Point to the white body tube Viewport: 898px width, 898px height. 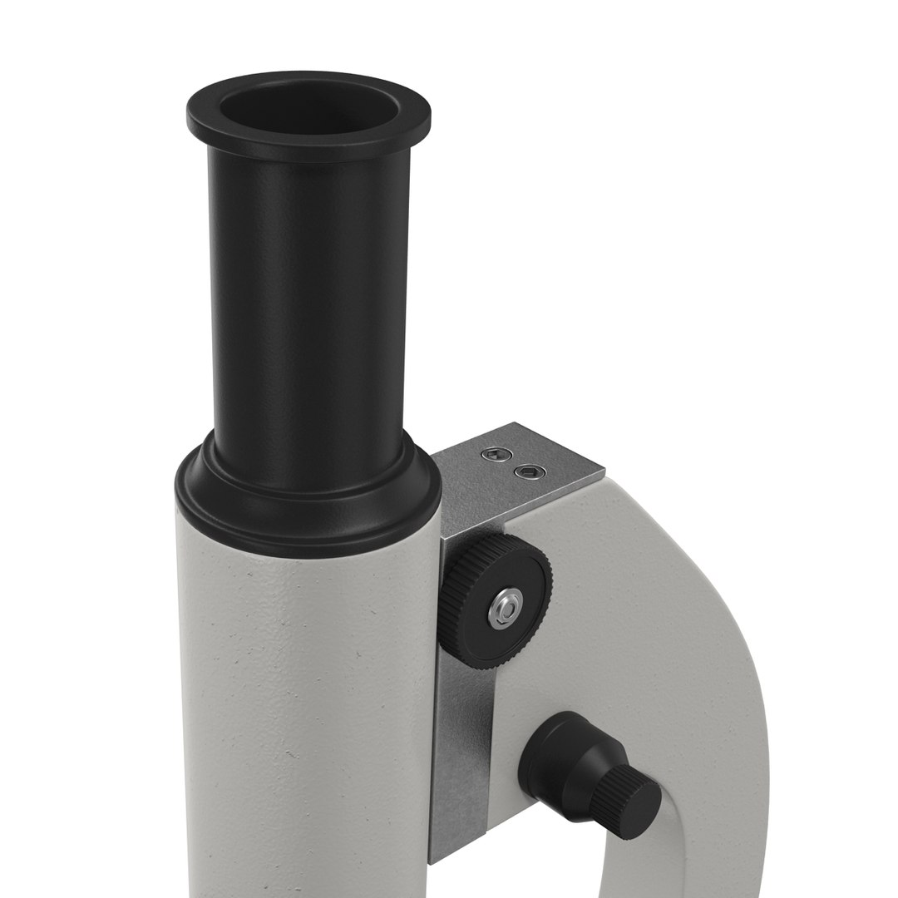tap(308, 707)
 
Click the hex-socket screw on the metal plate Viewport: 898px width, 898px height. tap(526, 472)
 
